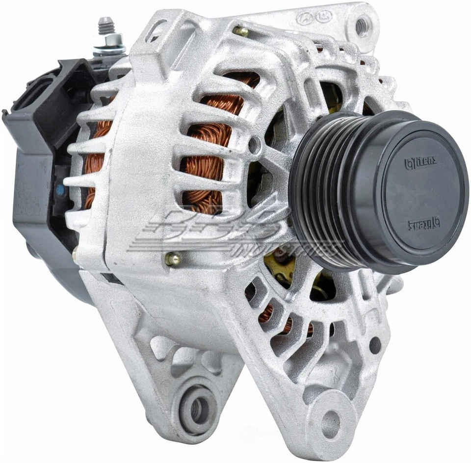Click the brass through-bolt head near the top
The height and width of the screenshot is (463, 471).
(x=240, y=31)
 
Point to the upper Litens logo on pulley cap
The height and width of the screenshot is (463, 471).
(x=420, y=162)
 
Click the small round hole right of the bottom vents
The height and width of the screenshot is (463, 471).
(x=375, y=345)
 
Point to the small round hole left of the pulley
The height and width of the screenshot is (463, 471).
(x=253, y=144)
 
